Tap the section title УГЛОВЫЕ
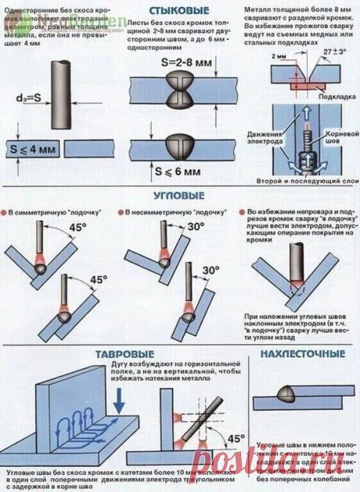(179, 195)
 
